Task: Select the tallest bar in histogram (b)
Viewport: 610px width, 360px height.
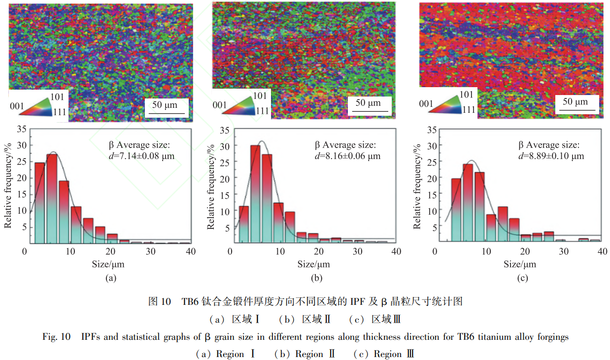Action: click(x=255, y=195)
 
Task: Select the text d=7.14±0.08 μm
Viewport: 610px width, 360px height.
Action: click(x=141, y=157)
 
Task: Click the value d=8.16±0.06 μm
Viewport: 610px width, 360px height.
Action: click(x=348, y=156)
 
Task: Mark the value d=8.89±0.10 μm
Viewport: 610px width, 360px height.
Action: click(x=551, y=156)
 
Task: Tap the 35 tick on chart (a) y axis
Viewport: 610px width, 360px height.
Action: click(x=20, y=130)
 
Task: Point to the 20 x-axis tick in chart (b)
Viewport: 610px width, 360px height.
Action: click(x=319, y=252)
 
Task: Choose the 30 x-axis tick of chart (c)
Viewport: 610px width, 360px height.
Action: click(x=563, y=252)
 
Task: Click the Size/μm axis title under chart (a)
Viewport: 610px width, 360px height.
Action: click(x=108, y=264)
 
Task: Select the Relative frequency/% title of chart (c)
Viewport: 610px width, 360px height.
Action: click(x=418, y=186)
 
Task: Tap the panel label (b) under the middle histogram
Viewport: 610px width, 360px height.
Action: click(x=316, y=278)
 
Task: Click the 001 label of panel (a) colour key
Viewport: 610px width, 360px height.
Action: click(x=16, y=105)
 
